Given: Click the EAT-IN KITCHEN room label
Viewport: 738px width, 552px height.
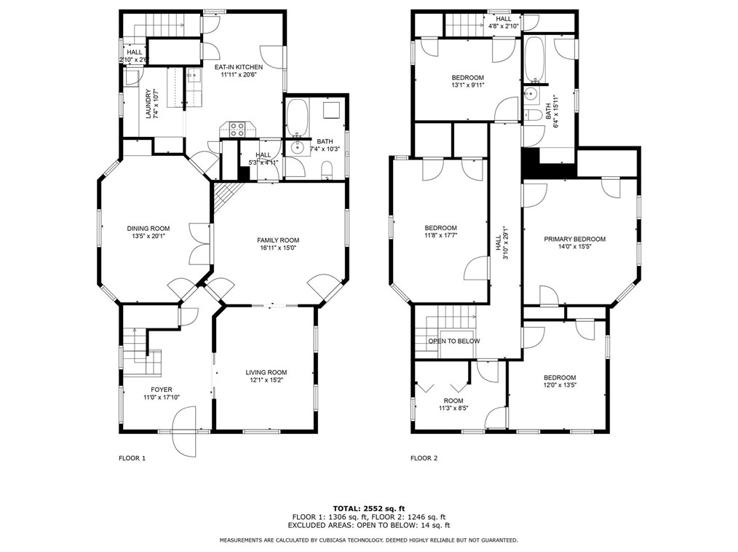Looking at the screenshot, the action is [239, 67].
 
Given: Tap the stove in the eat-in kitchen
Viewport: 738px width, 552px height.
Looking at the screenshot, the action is [238, 129].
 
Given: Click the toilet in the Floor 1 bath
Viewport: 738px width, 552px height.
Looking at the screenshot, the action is [327, 170].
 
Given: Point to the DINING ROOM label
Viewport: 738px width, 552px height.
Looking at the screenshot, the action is [148, 229].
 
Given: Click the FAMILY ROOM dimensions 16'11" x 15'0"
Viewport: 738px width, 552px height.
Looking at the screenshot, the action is [278, 248].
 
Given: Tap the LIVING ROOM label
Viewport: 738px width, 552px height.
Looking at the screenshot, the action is [266, 372].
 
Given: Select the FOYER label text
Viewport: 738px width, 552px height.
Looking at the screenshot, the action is [162, 390].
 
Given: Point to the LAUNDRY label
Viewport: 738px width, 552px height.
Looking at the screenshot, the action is [148, 103].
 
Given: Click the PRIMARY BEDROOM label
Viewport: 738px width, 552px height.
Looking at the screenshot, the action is [575, 239].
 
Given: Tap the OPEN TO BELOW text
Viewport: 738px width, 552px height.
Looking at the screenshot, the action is [454, 341].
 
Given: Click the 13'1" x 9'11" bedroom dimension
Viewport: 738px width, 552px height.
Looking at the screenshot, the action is [468, 85].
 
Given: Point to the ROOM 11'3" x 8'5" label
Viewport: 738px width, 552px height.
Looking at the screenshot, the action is [453, 405].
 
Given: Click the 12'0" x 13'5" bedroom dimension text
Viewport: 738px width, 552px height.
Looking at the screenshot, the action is [560, 385].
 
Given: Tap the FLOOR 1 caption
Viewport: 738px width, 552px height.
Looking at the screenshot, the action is [132, 458].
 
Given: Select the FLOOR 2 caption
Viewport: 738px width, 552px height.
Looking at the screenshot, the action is [424, 458].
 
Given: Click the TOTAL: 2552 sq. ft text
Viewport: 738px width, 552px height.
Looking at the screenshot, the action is [369, 508].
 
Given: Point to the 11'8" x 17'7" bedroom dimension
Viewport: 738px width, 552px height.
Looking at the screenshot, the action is [440, 235].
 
